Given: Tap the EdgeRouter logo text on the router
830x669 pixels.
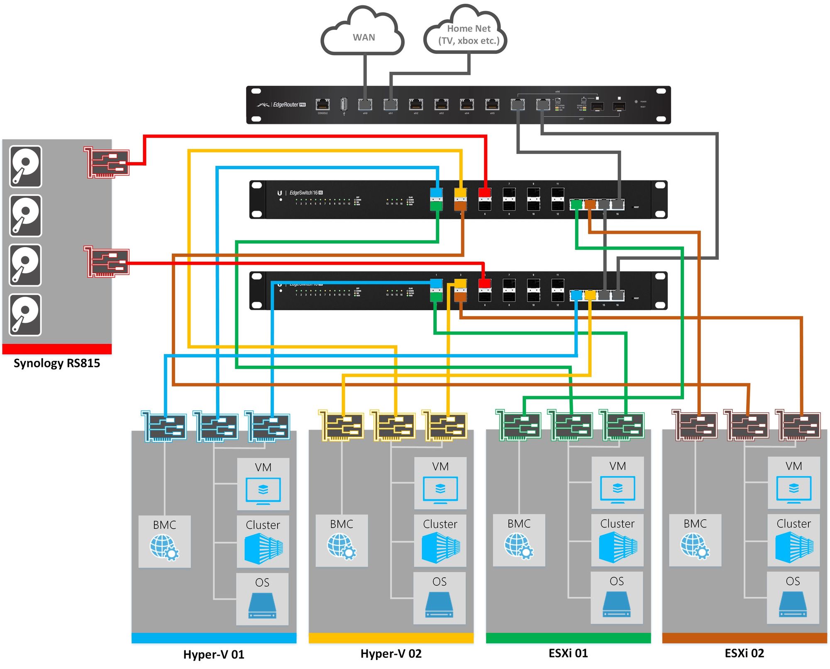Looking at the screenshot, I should [286, 105].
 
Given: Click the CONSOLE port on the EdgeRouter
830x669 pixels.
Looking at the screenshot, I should [322, 105].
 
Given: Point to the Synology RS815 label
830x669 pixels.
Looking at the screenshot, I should [57, 363].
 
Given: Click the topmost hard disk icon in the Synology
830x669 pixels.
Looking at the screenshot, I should [26, 166].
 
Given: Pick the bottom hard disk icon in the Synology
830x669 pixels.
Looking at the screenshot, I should [26, 315].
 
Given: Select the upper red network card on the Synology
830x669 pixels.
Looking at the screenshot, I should [107, 162].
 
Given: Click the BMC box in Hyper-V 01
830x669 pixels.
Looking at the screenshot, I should [164, 541].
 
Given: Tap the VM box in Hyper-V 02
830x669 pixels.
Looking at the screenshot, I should [440, 483].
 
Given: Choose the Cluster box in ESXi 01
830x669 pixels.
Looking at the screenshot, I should [618, 540].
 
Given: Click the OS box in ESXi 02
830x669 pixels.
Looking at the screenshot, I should [793, 597].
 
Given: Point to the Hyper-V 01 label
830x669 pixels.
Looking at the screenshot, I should [214, 654].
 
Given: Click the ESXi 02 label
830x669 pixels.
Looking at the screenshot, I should [744, 653].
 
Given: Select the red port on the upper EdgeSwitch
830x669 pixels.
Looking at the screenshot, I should [485, 193].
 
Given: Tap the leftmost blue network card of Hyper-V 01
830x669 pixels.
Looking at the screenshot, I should [164, 426].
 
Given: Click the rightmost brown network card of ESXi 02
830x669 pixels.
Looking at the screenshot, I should [798, 425].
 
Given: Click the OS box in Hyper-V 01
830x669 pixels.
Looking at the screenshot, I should [262, 599].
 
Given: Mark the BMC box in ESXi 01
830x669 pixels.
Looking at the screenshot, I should [519, 540].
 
